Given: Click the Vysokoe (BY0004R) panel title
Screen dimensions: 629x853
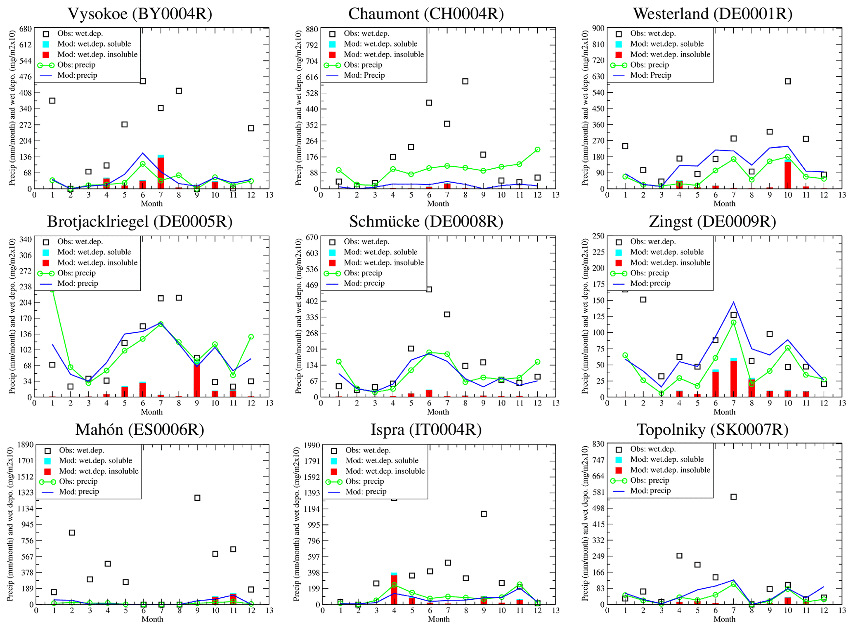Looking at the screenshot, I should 140,14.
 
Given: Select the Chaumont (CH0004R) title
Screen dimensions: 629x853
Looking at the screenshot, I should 426,14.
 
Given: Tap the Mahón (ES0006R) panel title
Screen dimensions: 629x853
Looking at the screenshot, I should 139,430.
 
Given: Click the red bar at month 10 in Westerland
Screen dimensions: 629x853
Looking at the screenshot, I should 788,175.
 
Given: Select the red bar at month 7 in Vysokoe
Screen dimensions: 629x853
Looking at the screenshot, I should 161,173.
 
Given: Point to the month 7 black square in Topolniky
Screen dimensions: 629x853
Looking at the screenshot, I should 733,497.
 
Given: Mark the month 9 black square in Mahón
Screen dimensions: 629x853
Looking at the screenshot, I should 197,498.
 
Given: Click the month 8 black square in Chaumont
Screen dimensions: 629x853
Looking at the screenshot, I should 465,81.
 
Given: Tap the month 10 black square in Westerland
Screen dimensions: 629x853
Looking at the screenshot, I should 788,81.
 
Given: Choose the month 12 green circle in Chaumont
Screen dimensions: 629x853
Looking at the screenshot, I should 537,150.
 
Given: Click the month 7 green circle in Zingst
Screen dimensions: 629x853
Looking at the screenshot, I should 733,323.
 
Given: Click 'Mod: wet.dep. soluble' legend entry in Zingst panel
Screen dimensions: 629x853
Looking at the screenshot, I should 666,252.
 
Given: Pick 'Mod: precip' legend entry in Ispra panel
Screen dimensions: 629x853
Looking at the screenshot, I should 366,492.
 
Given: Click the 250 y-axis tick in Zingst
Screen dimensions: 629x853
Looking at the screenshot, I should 598,236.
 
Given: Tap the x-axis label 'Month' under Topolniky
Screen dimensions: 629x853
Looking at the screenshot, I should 724,619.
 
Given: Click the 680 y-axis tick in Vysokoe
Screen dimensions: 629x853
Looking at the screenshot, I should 25,29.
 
